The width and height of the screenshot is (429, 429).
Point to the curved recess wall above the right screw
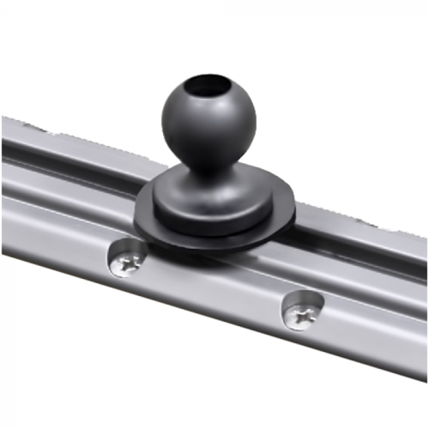click(x=305, y=297)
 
